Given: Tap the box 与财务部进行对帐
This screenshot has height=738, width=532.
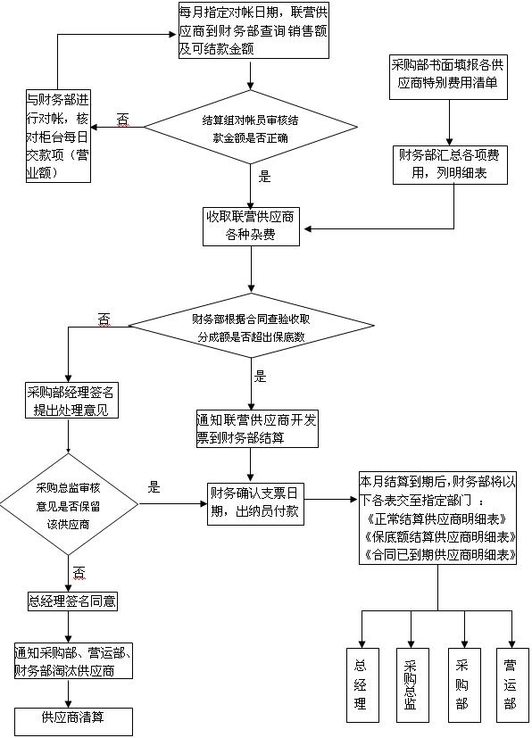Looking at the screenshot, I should pos(57,136).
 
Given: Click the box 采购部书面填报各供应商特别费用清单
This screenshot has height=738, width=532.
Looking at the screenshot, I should pos(444,76).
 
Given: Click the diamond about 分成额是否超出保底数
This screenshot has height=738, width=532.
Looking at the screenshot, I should pos(251,328).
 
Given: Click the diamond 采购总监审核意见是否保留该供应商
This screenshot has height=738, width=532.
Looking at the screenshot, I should pos(69,506).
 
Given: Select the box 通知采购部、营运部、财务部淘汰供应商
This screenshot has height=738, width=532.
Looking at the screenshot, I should pos(74,661).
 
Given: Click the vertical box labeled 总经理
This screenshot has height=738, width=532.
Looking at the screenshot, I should pos(361,684).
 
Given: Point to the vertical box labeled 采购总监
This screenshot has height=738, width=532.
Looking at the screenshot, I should pos(410,684).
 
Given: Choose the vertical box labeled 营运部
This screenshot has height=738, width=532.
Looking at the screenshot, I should pos(509,684).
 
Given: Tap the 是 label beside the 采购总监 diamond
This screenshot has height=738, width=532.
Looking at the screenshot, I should pos(154,487).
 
